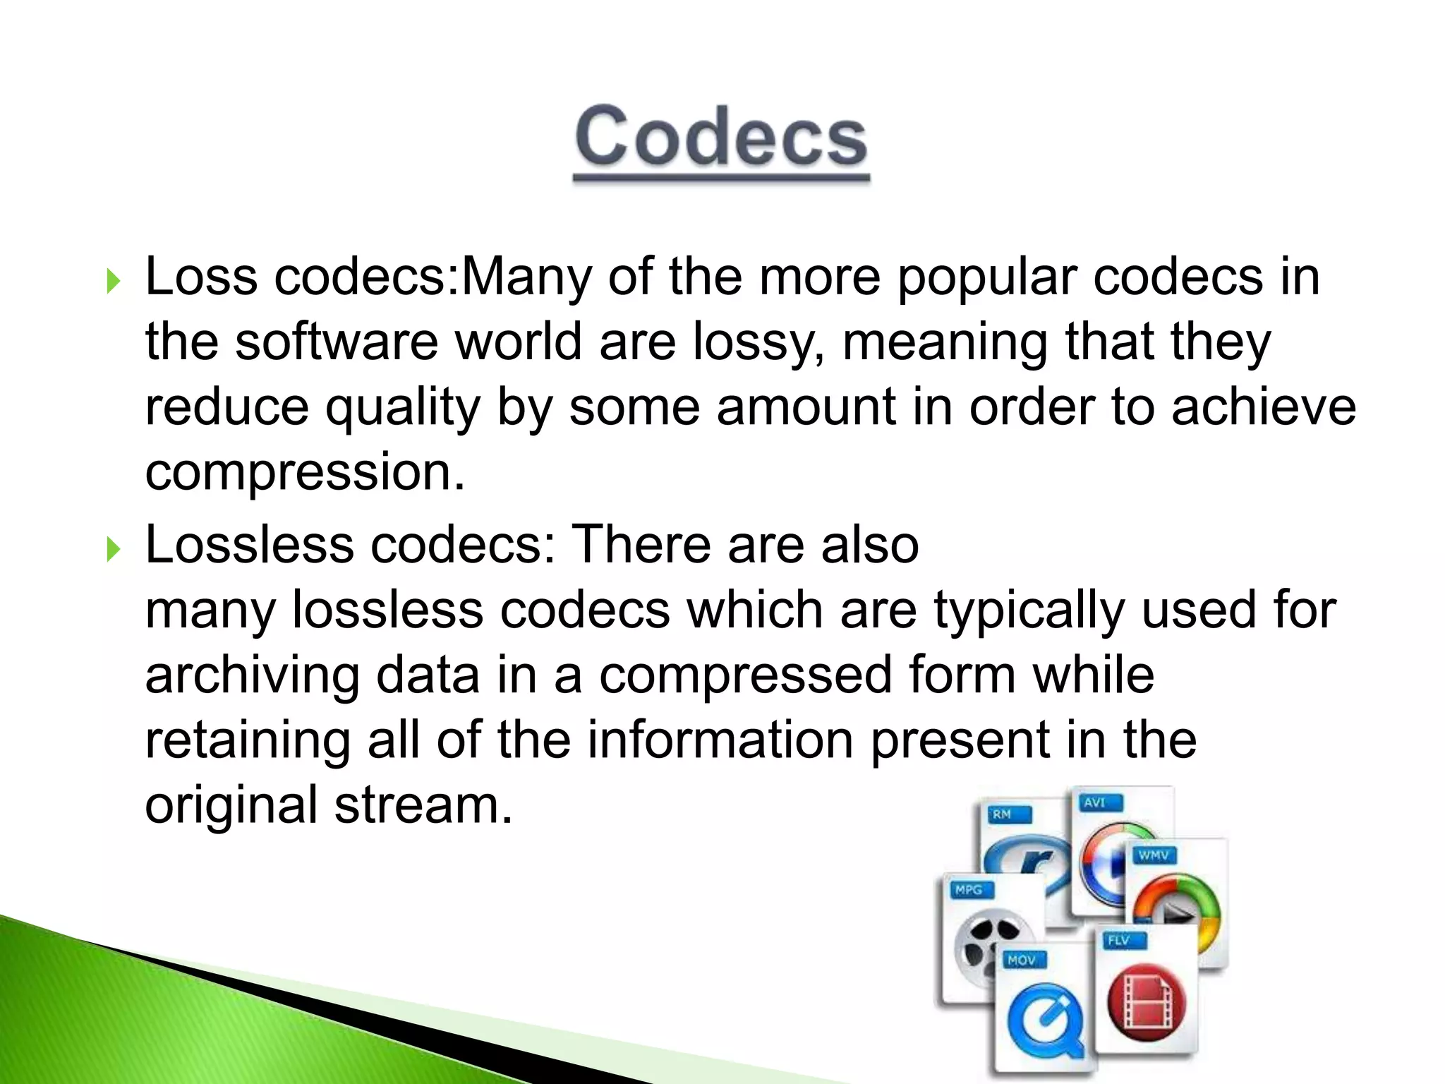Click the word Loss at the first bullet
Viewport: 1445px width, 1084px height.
pyautogui.click(x=201, y=277)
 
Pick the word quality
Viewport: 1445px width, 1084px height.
pyautogui.click(x=402, y=408)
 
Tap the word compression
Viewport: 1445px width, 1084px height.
pyautogui.click(x=305, y=473)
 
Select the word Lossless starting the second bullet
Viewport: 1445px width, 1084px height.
pyautogui.click(x=249, y=545)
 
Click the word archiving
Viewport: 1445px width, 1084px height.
pyautogui.click(x=252, y=675)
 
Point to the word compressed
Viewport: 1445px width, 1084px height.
pyautogui.click(x=745, y=675)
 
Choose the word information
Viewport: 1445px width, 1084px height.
pyautogui.click(x=720, y=740)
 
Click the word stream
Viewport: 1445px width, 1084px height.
pyautogui.click(x=423, y=805)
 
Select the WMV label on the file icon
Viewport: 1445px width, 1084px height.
pyautogui.click(x=1154, y=855)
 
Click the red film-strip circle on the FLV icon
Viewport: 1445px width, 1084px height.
pyautogui.click(x=1147, y=1003)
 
